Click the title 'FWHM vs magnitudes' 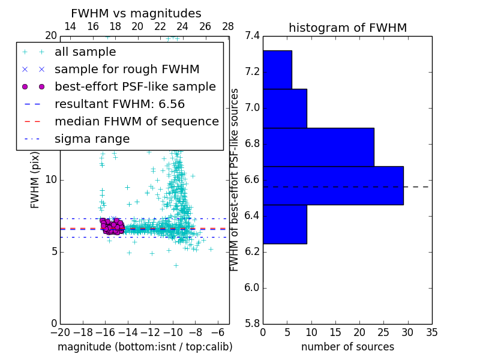click(136, 14)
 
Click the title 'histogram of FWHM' click(347, 28)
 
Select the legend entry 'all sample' click(85, 52)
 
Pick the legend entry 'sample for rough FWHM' click(127, 69)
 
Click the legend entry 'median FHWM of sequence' click(136, 121)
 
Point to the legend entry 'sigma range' click(92, 139)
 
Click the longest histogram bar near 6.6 click(333, 185)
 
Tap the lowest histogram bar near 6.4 click(284, 224)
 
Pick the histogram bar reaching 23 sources click(318, 147)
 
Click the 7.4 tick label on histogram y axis click(253, 36)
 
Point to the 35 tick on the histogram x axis click(431, 332)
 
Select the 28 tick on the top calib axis click(228, 26)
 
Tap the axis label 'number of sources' click(347, 347)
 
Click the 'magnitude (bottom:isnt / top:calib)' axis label click(145, 347)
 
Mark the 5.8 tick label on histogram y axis click(253, 323)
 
